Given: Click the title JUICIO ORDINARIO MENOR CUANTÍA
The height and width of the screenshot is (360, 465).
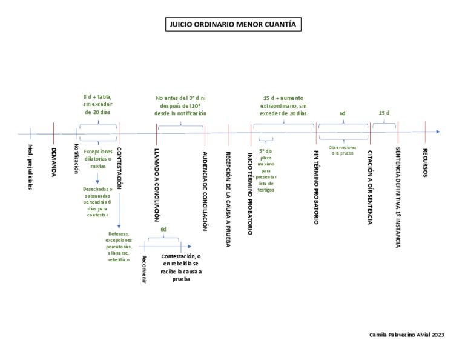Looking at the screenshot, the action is click(232, 25).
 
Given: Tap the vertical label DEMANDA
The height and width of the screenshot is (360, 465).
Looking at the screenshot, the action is click(54, 162).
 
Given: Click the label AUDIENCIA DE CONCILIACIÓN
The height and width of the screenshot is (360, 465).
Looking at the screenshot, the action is click(205, 190).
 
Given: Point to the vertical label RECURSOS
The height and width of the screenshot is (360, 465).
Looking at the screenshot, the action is click(425, 162).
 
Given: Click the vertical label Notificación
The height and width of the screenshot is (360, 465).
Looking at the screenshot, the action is click(77, 159).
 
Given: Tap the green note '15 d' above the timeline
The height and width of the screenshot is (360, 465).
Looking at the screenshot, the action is click(384, 113).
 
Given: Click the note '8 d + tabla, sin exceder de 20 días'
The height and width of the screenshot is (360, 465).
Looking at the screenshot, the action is click(97, 104).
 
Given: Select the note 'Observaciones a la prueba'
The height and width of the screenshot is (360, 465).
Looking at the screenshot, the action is click(343, 150).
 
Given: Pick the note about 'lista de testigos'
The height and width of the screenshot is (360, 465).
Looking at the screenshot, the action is click(266, 170).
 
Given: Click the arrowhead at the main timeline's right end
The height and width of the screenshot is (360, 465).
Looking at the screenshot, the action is click(437, 132).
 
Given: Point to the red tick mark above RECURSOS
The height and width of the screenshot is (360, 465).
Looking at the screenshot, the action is click(425, 127).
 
